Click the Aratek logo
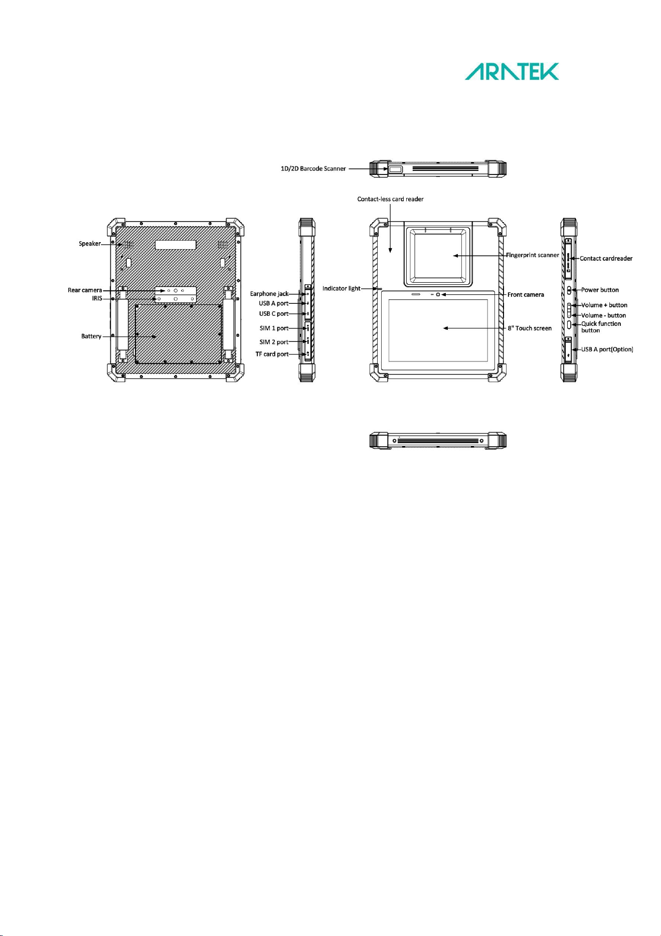click(x=512, y=72)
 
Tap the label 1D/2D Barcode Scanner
click(x=313, y=169)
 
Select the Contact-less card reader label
click(x=390, y=199)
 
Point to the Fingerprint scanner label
click(x=532, y=255)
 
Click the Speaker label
click(x=90, y=244)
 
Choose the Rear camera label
click(x=85, y=290)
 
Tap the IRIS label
click(x=97, y=298)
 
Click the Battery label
click(x=91, y=336)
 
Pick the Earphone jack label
click(x=269, y=294)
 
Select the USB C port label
click(x=274, y=314)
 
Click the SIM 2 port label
click(x=274, y=342)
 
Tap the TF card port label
click(x=272, y=354)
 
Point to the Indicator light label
click(x=341, y=289)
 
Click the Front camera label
click(x=526, y=295)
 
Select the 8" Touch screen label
click(x=530, y=328)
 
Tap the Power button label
click(x=600, y=290)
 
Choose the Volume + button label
click(x=604, y=305)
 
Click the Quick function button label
click(x=601, y=327)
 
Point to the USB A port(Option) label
click(x=607, y=349)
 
